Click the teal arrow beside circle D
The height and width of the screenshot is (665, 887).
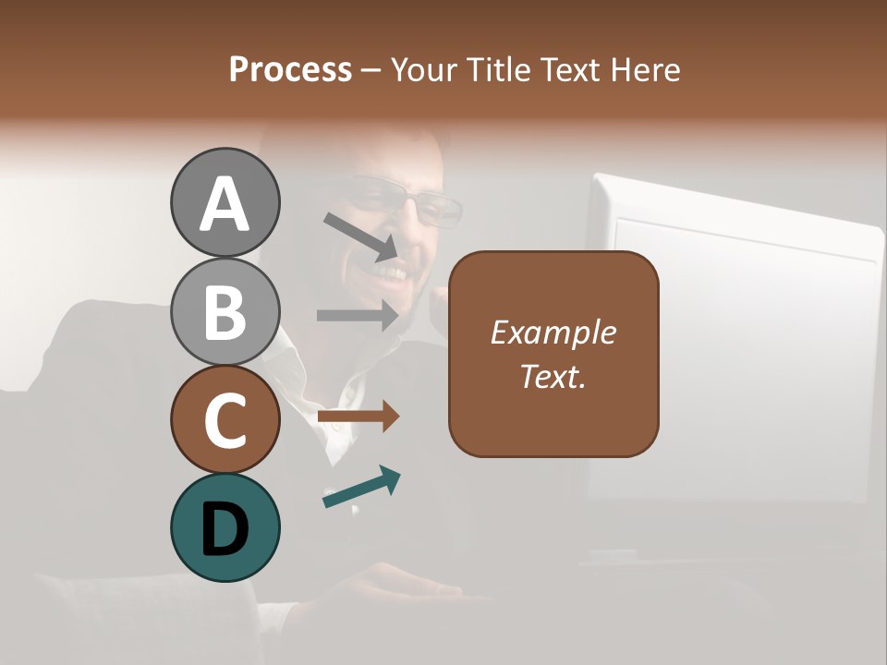(361, 488)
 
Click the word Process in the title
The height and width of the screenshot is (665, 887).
(290, 70)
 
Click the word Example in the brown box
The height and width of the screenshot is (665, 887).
(553, 332)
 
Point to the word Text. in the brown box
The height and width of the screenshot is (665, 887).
(553, 377)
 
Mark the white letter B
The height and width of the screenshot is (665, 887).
(225, 312)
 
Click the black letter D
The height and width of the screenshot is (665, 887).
(225, 529)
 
